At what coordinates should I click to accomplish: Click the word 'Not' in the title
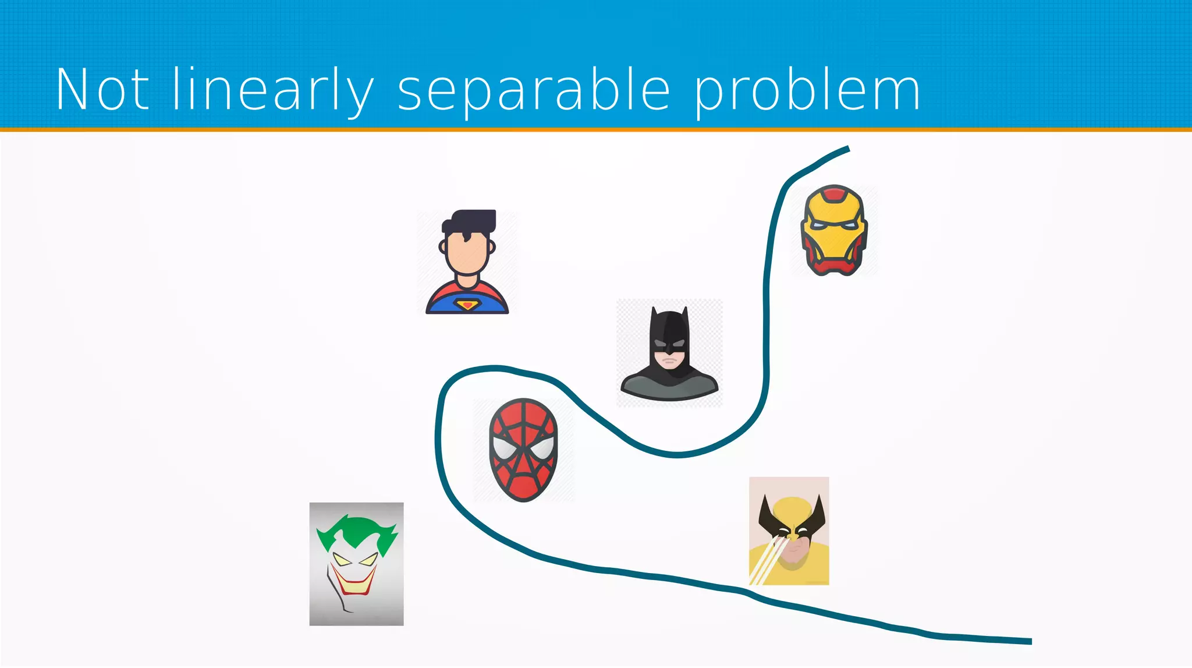(102, 90)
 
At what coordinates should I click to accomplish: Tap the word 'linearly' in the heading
(272, 90)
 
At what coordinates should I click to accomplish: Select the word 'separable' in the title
(534, 92)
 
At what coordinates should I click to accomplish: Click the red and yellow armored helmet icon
(834, 230)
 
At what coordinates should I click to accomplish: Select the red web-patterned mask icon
(523, 450)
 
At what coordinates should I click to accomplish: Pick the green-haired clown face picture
(356, 564)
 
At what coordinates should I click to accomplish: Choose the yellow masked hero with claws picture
(789, 531)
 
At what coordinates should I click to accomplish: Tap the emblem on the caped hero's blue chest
(466, 305)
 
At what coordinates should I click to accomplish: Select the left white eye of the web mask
(504, 447)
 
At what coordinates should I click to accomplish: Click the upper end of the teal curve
(847, 149)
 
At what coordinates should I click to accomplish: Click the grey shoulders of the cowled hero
(669, 388)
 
